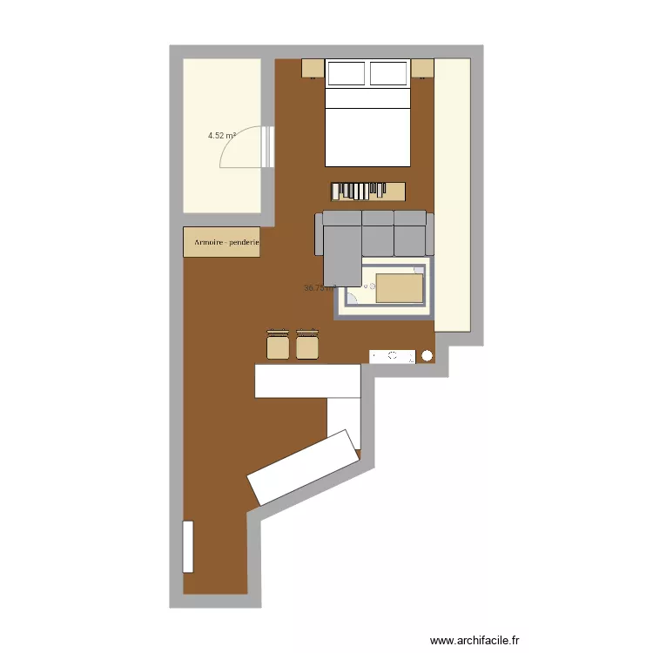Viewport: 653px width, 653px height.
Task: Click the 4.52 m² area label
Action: (222, 136)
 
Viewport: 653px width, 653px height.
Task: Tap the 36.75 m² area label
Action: (318, 288)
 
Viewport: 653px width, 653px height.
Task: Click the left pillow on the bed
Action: (346, 74)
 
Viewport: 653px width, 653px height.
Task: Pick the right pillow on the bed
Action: (388, 74)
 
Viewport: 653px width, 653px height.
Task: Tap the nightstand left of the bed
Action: (313, 68)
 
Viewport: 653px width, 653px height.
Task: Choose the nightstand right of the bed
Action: (423, 68)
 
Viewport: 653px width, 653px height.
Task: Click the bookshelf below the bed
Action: (367, 190)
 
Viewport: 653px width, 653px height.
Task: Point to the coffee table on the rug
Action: (398, 287)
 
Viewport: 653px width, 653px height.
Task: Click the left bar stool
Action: (278, 346)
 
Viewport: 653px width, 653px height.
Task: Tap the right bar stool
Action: (306, 346)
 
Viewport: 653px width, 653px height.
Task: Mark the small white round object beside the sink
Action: (427, 356)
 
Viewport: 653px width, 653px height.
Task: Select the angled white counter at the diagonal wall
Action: (304, 466)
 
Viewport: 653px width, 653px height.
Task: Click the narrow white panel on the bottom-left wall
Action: (188, 546)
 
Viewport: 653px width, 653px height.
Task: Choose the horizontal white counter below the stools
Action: (307, 381)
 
